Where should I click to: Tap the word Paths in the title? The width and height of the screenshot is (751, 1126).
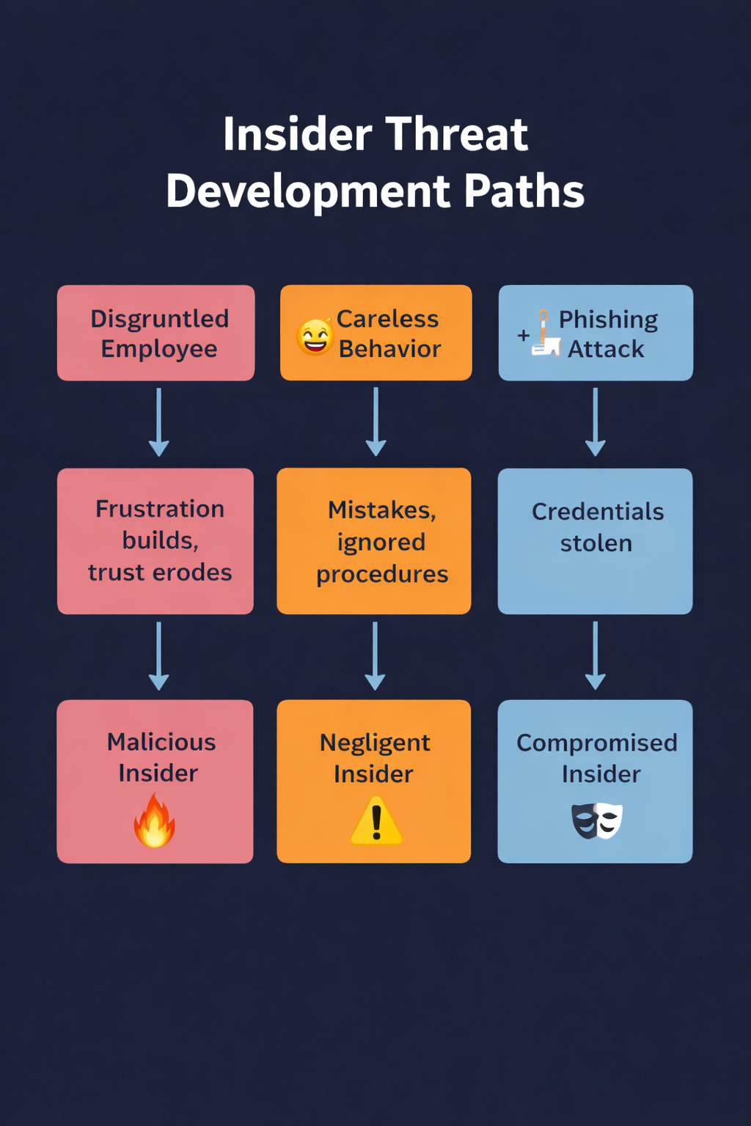[524, 191]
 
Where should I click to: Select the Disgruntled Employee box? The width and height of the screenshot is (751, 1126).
[156, 333]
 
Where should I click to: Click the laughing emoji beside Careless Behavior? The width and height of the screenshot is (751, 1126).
[315, 336]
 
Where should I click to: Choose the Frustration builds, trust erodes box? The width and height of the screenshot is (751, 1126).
[155, 541]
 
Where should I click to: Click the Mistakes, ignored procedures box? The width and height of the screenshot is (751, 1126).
[374, 541]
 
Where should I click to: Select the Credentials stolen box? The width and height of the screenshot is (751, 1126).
[595, 541]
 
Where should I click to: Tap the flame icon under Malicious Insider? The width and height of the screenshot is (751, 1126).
[154, 822]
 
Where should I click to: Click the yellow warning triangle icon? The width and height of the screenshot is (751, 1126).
[376, 823]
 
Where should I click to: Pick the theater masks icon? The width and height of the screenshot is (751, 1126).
[597, 820]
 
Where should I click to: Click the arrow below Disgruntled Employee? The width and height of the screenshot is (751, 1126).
[159, 422]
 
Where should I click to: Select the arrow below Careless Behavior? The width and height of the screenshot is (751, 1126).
[375, 422]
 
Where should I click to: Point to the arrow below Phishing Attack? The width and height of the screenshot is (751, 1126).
[596, 422]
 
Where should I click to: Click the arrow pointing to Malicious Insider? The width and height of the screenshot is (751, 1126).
[159, 656]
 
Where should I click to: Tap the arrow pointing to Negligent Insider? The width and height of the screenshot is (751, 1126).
[375, 656]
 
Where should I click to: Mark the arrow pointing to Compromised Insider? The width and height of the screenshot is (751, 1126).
[596, 656]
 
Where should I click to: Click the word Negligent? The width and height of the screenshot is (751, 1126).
[375, 743]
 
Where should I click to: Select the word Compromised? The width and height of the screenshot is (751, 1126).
[597, 743]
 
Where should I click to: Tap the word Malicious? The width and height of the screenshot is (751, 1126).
[161, 742]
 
